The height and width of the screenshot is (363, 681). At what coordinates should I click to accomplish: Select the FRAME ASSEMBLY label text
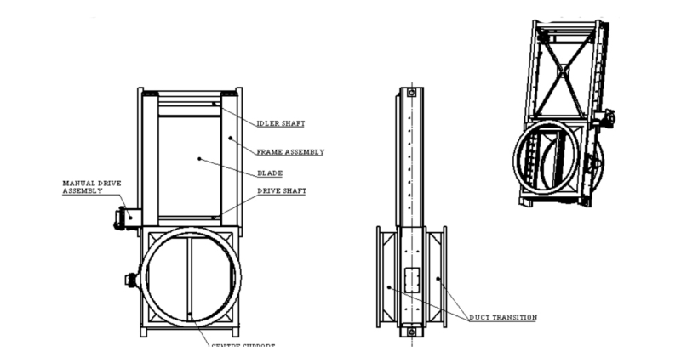(290, 152)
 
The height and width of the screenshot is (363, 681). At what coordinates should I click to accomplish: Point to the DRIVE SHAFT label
(283, 191)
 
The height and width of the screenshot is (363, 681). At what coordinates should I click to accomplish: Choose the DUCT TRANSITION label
(503, 317)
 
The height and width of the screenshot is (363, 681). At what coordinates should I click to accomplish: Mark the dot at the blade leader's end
(199, 157)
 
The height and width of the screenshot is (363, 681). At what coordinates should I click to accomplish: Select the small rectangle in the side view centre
(411, 281)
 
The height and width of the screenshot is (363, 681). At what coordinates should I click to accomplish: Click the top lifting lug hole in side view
(411, 92)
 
